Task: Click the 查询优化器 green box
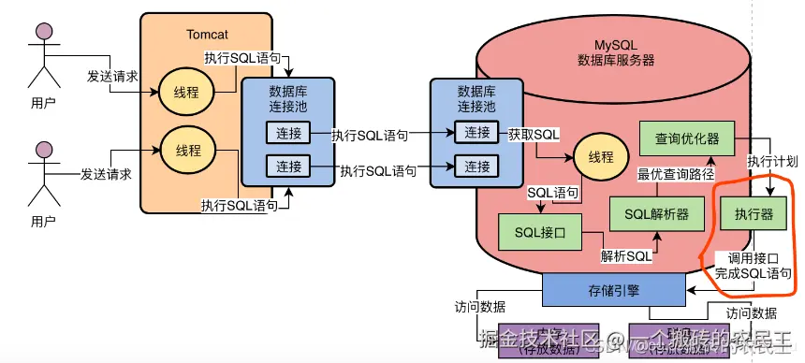click(x=686, y=138)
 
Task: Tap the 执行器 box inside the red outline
click(x=754, y=214)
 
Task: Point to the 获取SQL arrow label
click(x=534, y=134)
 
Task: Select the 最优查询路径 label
click(x=676, y=174)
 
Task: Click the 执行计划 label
click(x=773, y=161)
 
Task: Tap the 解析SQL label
click(x=624, y=256)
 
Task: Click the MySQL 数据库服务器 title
click(x=615, y=51)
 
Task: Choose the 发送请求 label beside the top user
click(x=111, y=76)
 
